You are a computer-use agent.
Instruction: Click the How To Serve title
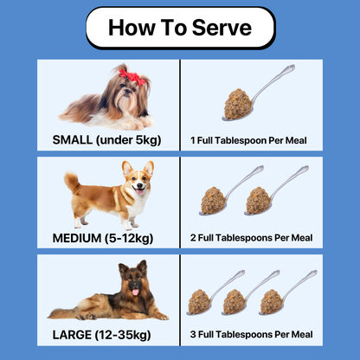click(180, 29)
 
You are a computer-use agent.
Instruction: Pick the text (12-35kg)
click(126, 334)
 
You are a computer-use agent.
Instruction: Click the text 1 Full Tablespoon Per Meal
click(250, 139)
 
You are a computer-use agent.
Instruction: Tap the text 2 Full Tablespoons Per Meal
click(250, 237)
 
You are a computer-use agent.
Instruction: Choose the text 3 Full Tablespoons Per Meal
click(250, 334)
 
